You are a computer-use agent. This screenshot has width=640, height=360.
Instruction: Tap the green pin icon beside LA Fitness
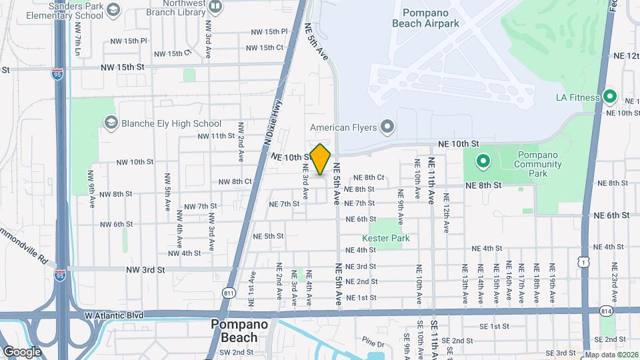tap(609, 97)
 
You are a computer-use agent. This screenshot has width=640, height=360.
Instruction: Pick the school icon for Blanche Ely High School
tap(111, 123)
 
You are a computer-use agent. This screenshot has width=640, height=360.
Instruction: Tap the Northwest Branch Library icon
tap(215, 7)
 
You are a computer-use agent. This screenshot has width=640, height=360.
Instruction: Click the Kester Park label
tap(385, 238)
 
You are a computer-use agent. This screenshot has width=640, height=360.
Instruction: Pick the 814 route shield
tap(605, 311)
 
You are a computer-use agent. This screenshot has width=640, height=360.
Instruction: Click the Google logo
tap(22, 351)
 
